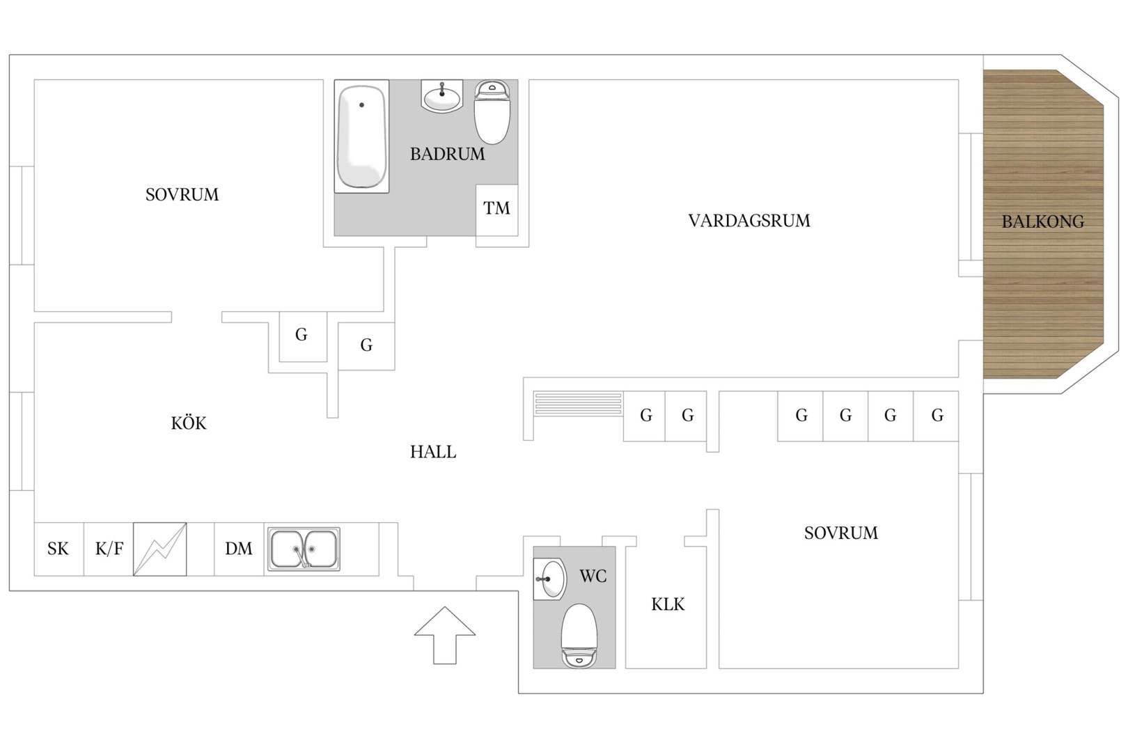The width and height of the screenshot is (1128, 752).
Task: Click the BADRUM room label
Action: (447, 154)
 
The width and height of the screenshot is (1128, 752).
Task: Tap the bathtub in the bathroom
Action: (361, 136)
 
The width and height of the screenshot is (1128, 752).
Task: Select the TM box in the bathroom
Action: (497, 210)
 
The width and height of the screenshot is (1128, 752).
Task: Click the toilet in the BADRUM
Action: (492, 112)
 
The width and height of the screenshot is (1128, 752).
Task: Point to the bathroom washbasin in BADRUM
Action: (441, 96)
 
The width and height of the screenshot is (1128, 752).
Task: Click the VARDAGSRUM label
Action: (749, 221)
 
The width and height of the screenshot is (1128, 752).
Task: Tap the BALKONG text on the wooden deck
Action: (1042, 221)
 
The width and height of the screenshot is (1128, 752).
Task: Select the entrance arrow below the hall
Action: (445, 635)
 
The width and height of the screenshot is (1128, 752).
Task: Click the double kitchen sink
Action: (304, 549)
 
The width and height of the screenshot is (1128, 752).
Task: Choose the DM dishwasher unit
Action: (239, 549)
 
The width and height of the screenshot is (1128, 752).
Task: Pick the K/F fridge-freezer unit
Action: (109, 549)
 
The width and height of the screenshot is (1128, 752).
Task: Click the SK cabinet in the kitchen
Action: (58, 549)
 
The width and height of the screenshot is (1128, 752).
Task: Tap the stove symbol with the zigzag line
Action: (159, 549)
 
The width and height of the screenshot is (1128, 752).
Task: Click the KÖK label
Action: (189, 423)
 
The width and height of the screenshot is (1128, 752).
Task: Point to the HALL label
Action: (433, 452)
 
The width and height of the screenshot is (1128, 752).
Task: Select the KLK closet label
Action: (668, 604)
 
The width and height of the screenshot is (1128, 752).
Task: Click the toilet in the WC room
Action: (579, 636)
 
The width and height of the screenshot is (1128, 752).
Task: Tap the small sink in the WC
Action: (550, 579)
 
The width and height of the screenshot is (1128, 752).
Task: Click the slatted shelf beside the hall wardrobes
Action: (578, 403)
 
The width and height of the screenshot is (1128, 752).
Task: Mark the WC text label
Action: (593, 577)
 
